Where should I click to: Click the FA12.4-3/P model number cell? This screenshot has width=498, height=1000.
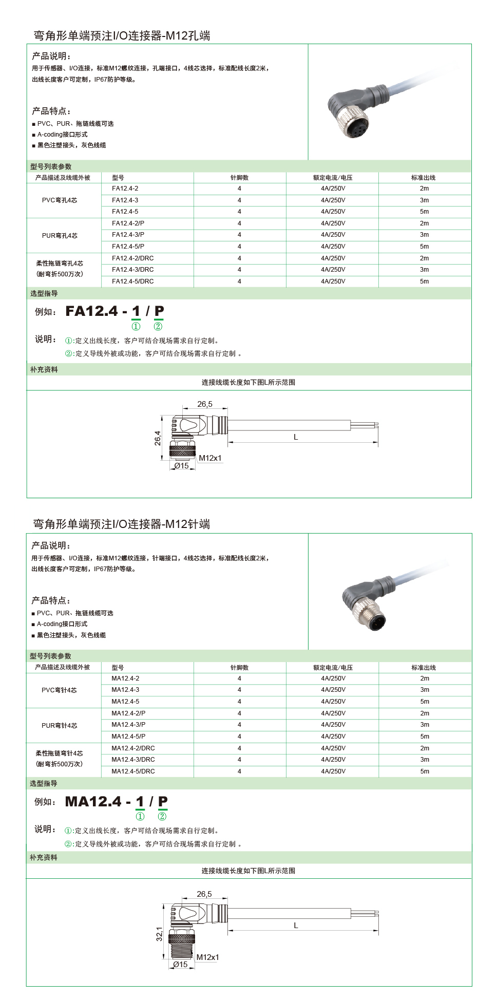pyautogui.click(x=128, y=235)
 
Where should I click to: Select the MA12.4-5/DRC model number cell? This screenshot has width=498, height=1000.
pyautogui.click(x=133, y=771)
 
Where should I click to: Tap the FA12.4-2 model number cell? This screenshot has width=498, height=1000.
pyautogui.click(x=125, y=188)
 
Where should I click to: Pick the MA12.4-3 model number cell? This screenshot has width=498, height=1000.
pyautogui.click(x=125, y=690)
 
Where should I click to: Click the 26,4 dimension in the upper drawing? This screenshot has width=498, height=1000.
pyautogui.click(x=158, y=438)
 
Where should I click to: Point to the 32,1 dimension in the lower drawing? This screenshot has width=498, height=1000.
pyautogui.click(x=159, y=934)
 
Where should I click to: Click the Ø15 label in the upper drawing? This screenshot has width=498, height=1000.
pyautogui.click(x=181, y=466)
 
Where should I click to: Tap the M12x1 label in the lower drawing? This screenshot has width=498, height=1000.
pyautogui.click(x=207, y=957)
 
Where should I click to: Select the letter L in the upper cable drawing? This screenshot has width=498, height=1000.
pyautogui.click(x=296, y=437)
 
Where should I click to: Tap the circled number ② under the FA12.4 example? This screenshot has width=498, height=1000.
pyautogui.click(x=158, y=326)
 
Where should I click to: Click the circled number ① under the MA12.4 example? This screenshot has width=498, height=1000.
pyautogui.click(x=140, y=816)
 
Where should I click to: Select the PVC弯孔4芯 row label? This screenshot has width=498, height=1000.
pyautogui.click(x=60, y=200)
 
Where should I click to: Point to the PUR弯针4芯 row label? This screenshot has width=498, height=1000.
pyautogui.click(x=60, y=725)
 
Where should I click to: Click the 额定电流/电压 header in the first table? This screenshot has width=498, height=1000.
pyautogui.click(x=333, y=178)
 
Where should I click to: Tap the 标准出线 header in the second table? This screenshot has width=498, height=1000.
pyautogui.click(x=424, y=668)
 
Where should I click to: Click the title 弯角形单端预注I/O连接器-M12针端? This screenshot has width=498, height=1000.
pyautogui.click(x=122, y=524)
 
